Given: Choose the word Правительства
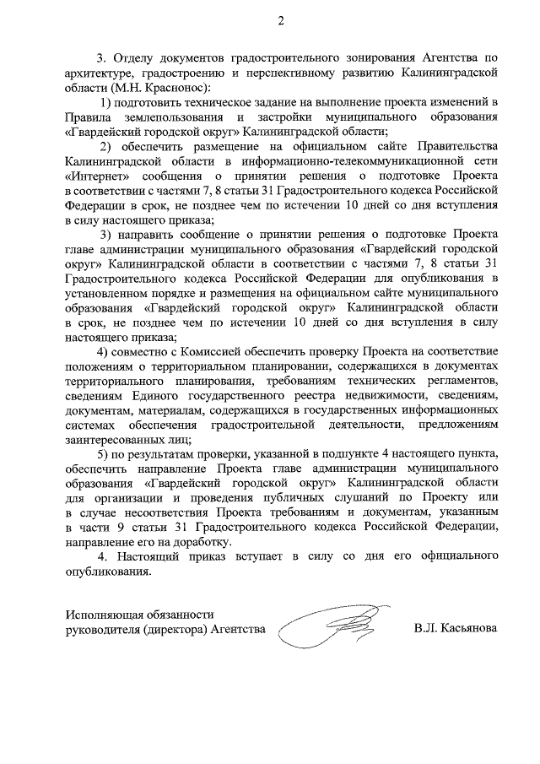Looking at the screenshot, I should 456,146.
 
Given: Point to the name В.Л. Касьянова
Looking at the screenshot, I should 456,629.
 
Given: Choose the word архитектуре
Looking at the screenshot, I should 102,73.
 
